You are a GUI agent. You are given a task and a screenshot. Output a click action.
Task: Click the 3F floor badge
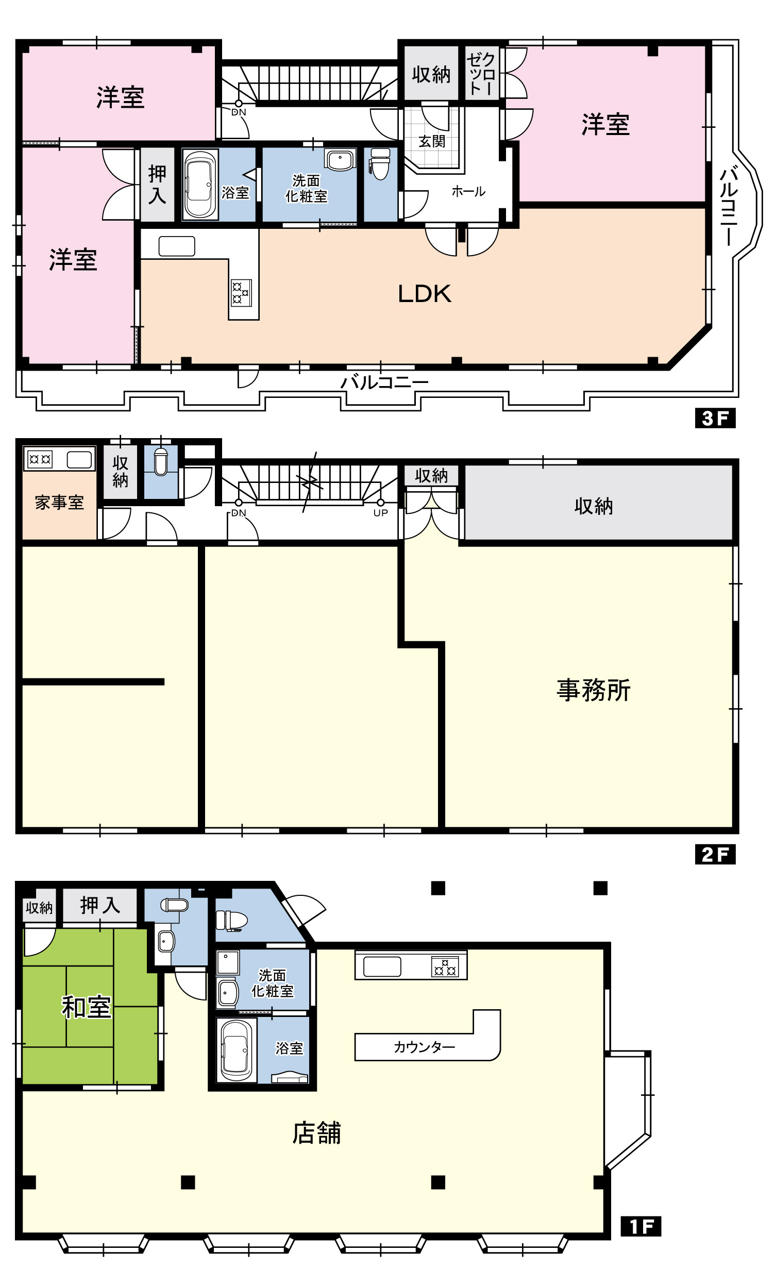coord(715,418)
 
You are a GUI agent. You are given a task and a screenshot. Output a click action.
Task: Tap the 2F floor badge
coord(715,854)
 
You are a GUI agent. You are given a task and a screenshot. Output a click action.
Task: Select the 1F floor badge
coord(641,1226)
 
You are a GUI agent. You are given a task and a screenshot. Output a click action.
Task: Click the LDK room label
coord(425,294)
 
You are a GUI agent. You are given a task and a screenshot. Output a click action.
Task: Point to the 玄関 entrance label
coord(432,141)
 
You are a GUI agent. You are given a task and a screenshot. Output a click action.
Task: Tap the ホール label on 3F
coord(468,192)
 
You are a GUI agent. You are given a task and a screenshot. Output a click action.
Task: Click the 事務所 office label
coord(594,690)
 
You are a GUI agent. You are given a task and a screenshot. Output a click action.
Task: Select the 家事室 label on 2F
coord(59,503)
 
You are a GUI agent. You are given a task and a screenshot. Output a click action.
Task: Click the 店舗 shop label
coord(316,1133)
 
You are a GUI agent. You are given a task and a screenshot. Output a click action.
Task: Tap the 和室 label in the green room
coord(86,1007)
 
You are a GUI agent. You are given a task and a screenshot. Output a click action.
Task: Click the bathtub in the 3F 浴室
coord(200,184)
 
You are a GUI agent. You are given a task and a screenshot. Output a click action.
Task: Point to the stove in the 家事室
coord(40,459)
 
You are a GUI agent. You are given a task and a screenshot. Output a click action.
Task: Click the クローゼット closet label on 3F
coord(481,73)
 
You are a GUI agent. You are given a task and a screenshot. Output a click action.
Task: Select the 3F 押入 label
coord(157,184)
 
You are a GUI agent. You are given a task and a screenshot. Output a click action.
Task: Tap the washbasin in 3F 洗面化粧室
coord(340,160)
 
